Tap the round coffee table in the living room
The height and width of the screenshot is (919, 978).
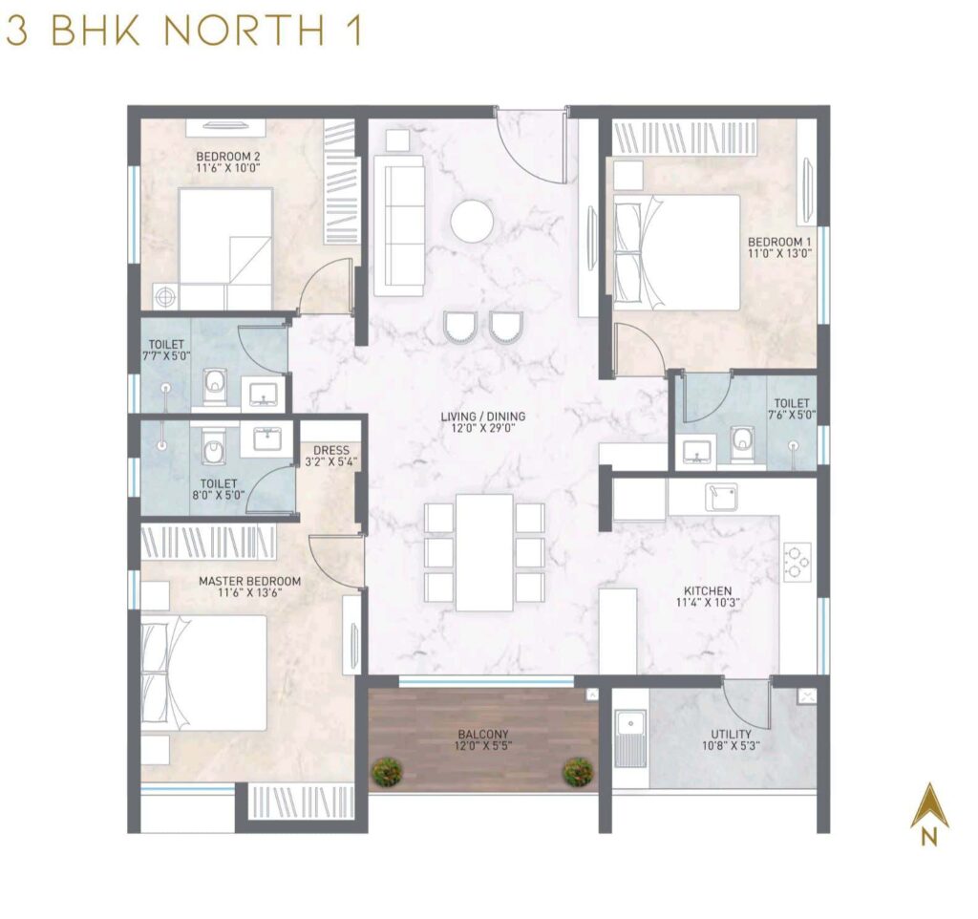coord(472,221)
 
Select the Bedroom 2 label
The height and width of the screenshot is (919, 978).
coord(228,156)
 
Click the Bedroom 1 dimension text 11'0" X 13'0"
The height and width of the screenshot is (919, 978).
coord(779,254)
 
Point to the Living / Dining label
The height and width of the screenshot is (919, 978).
coord(482,417)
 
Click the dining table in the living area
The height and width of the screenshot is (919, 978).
coord(484,551)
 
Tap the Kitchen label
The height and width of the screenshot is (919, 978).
coord(708,591)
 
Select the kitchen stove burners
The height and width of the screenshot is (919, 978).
coord(797,562)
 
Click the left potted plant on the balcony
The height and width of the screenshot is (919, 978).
coord(387,771)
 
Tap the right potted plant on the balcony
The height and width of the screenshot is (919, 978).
coord(577,771)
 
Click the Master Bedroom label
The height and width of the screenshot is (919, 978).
coord(249,581)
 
